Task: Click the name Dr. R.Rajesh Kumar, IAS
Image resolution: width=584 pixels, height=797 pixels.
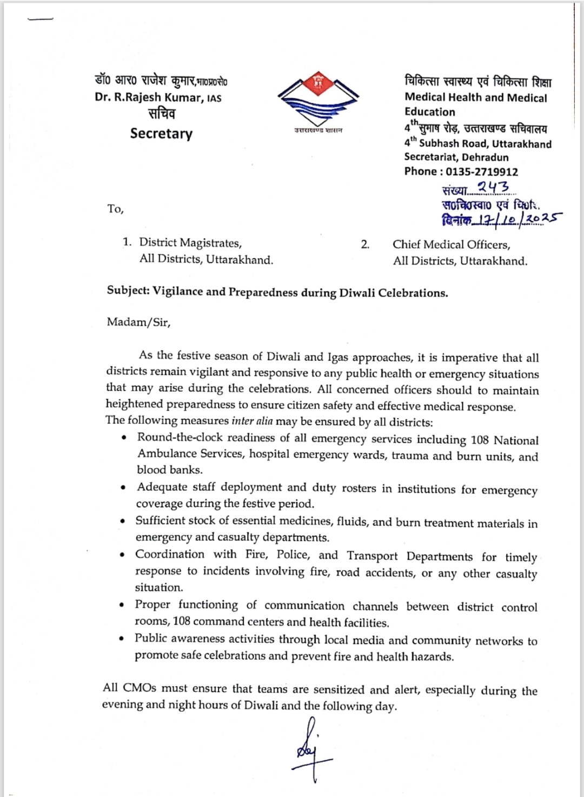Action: pos(158,98)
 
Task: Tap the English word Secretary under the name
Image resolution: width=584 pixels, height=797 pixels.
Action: pos(161,134)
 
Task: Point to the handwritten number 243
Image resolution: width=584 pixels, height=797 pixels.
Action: pos(493,187)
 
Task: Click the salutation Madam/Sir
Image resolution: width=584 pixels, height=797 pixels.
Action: pos(138,322)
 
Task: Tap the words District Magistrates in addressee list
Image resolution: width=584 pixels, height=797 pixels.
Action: pos(190,242)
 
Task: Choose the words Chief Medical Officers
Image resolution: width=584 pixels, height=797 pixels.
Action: pos(451,245)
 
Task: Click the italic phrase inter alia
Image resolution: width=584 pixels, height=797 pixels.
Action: pos(252,421)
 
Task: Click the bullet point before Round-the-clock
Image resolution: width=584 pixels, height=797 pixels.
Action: pos(125,438)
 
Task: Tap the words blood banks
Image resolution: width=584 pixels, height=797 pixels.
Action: pos(170,470)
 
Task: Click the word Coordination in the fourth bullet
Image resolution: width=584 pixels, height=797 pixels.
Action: pos(170,555)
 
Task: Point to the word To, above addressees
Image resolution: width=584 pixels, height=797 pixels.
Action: pos(115,209)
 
